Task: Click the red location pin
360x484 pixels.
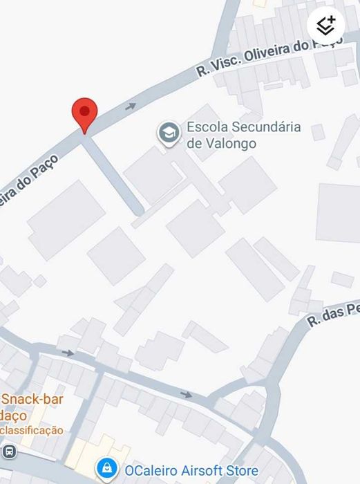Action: (x=85, y=113)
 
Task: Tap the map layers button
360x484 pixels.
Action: (x=325, y=26)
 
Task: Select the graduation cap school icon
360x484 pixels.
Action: (x=167, y=133)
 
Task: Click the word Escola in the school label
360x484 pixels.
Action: (x=207, y=127)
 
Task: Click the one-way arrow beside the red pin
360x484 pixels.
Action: (x=130, y=106)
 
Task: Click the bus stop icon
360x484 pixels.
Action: (x=9, y=452)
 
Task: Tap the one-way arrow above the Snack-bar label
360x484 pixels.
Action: (x=68, y=353)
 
